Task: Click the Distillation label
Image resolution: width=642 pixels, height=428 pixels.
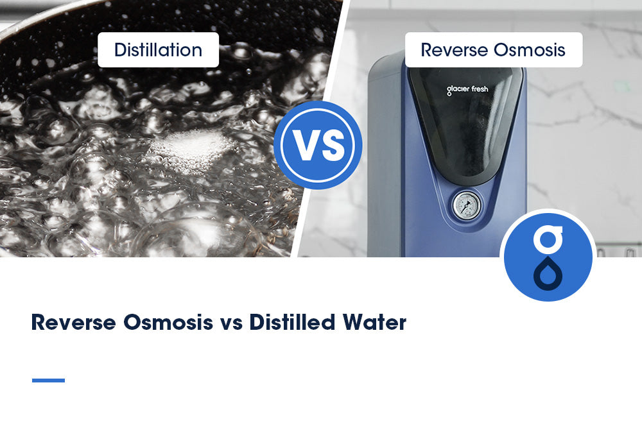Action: [x=158, y=50]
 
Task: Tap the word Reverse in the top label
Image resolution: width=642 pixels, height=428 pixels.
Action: [x=451, y=50]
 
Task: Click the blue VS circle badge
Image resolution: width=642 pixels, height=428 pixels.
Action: [x=318, y=144]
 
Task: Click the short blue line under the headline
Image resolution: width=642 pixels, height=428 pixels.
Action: [x=48, y=381]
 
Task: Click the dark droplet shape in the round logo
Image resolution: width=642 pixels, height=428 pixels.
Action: [x=548, y=272]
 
